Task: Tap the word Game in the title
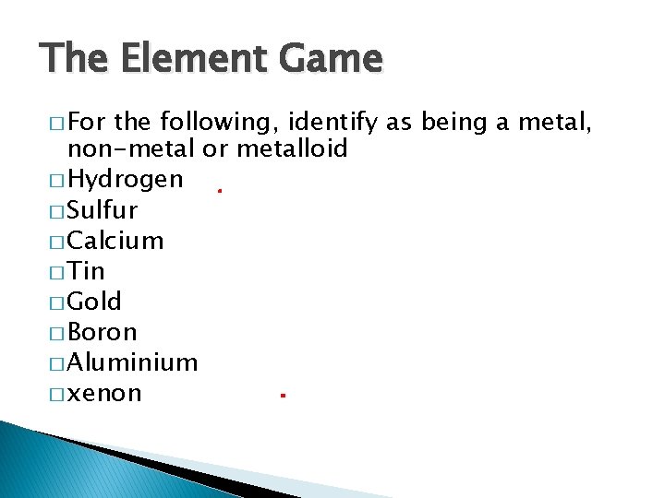pyautogui.click(x=332, y=59)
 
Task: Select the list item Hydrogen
pyautogui.click(x=126, y=179)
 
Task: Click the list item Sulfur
pyautogui.click(x=103, y=210)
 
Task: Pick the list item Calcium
pyautogui.click(x=115, y=241)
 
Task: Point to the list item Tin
pyautogui.click(x=87, y=271)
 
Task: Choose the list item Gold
pyautogui.click(x=95, y=302)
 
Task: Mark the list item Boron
pyautogui.click(x=103, y=332)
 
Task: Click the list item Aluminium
pyautogui.click(x=133, y=362)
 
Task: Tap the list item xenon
pyautogui.click(x=105, y=394)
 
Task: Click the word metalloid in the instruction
pyautogui.click(x=292, y=148)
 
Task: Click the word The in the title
pyautogui.click(x=71, y=59)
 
